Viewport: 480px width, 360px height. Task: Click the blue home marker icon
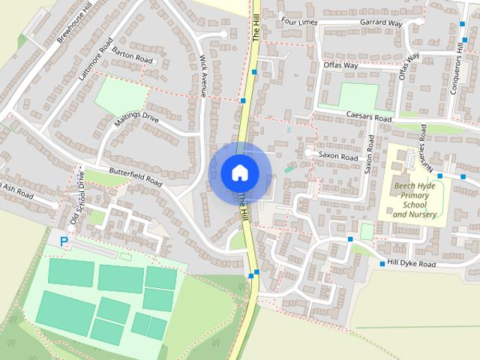[240, 172]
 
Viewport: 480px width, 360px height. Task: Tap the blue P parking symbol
[64, 241]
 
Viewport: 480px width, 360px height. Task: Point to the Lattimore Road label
[95, 59]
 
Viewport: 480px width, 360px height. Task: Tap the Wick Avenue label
[203, 76]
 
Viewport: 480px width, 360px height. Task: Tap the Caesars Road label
[369, 118]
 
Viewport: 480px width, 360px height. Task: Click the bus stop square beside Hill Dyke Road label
[382, 264]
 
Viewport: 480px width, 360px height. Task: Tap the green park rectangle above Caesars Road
[358, 96]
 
